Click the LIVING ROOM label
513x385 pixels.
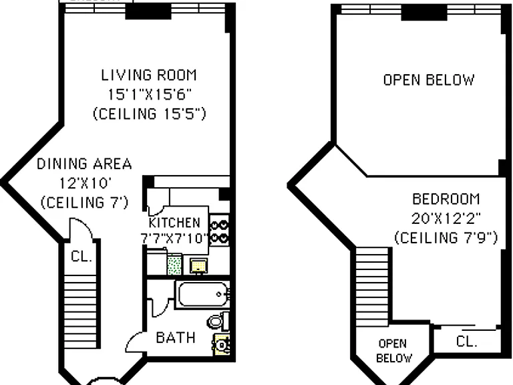click(x=149, y=76)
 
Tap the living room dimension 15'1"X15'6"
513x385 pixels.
click(x=150, y=95)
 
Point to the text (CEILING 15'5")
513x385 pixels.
click(x=150, y=114)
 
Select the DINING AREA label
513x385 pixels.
click(x=84, y=164)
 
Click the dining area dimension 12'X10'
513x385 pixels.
click(x=83, y=183)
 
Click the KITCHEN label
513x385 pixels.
click(x=174, y=223)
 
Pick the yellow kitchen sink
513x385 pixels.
click(x=199, y=265)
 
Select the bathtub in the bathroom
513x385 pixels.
click(x=203, y=294)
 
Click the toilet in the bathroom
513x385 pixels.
click(x=218, y=321)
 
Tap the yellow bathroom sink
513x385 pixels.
click(x=222, y=344)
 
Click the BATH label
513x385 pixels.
click(x=176, y=338)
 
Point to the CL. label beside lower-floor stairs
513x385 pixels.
click(x=81, y=257)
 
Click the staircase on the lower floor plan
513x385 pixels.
click(x=80, y=311)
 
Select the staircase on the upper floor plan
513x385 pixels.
click(x=372, y=287)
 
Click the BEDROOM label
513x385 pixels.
click(x=446, y=199)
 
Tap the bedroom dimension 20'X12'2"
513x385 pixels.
click(x=446, y=219)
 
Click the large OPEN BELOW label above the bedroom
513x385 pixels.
click(x=429, y=80)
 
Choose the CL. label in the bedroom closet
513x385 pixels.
click(x=466, y=342)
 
